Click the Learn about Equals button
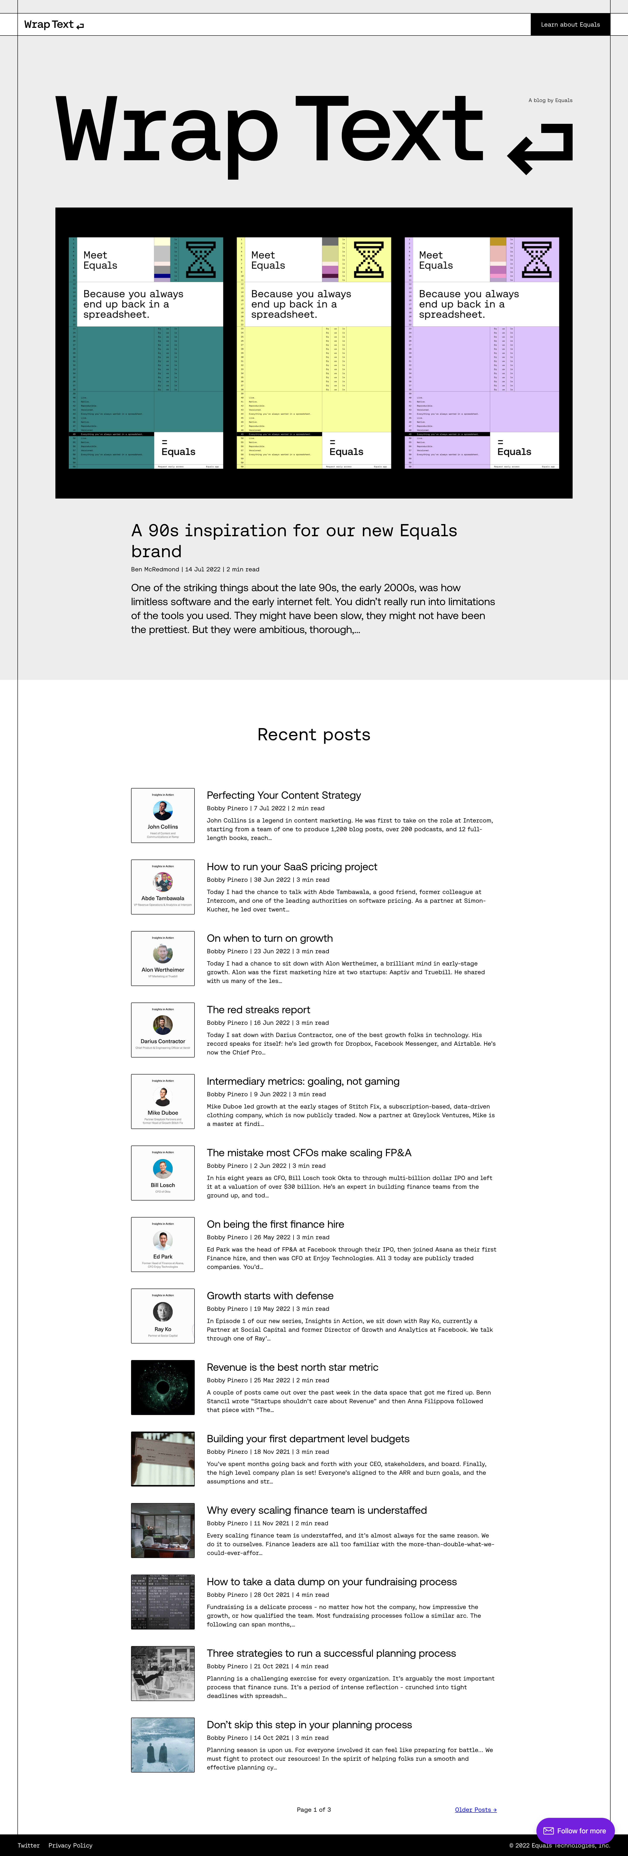(570, 24)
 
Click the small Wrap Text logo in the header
(53, 24)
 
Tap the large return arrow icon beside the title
(541, 148)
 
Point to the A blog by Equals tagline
(550, 100)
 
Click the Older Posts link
(475, 1809)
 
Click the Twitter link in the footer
(29, 1845)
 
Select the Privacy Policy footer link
(70, 1845)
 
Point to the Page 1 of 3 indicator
(314, 1809)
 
